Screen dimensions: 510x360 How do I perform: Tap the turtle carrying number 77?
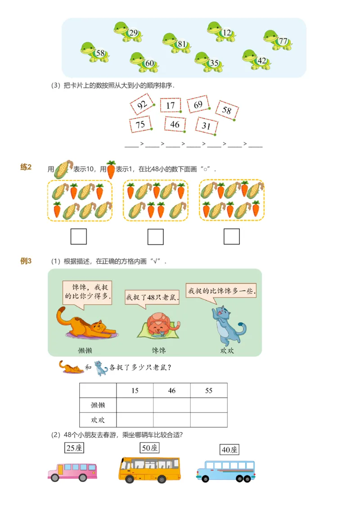tap(278, 40)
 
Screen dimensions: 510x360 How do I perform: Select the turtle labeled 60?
tap(144, 63)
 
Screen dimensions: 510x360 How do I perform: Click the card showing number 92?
tap(142, 106)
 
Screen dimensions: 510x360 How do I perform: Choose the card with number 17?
tap(170, 105)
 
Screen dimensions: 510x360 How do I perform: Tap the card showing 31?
tap(207, 126)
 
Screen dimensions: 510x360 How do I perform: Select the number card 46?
tap(175, 124)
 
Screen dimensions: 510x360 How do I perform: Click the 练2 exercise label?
tap(26, 167)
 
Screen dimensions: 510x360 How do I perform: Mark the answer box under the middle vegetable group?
tap(155, 236)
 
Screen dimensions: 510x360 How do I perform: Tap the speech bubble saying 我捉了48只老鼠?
tap(152, 298)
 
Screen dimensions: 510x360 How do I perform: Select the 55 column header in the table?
tap(209, 391)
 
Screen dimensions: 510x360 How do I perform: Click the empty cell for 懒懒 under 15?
tap(135, 405)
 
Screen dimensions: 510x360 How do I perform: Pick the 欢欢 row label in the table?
tap(98, 420)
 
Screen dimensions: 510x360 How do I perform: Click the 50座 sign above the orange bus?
tap(149, 448)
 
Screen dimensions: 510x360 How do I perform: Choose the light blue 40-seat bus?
tap(225, 470)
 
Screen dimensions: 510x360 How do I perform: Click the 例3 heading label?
tap(26, 261)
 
